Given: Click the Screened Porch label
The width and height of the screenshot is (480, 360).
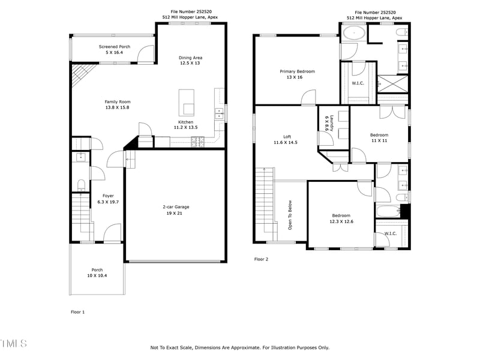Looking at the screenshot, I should coord(115,47).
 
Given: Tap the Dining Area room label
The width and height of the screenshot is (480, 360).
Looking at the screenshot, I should coord(190,58).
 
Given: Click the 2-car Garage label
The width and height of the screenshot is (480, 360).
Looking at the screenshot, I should coord(176,207).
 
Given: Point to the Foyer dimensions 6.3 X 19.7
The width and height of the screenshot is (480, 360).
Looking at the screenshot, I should coord(108,202).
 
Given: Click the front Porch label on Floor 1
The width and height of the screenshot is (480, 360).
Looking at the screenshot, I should coord(97,269).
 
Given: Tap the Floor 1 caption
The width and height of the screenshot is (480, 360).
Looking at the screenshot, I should coord(78,312).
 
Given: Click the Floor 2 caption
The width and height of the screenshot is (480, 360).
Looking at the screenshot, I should coord(261,259).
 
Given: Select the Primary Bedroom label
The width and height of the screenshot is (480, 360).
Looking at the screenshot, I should coord(297,71).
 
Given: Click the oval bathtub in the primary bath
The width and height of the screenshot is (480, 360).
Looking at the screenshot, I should coord(353,34).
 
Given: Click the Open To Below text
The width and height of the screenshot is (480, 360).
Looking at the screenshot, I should coord(290,215).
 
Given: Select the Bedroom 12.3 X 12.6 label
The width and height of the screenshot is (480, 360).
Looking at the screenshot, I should coord(341,215).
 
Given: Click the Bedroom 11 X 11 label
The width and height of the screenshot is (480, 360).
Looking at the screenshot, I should coord(379,135).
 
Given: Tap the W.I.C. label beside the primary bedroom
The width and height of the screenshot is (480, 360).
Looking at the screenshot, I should coord(358,83).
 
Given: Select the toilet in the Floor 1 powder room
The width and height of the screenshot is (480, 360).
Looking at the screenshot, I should coord(81,185).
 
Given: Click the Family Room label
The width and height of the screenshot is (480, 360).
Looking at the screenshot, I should coord(118,102).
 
